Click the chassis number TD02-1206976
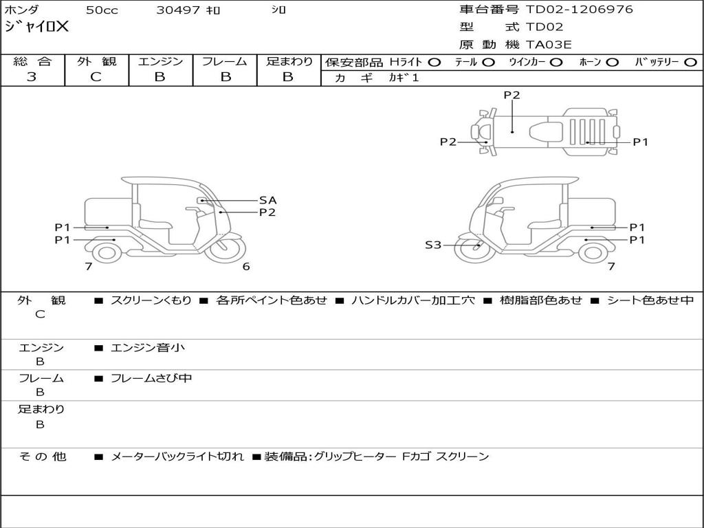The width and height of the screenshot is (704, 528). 580,10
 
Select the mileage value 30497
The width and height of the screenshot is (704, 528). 177,10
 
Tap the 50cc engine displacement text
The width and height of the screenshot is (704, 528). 102,10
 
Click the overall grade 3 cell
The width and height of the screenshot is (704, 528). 32,77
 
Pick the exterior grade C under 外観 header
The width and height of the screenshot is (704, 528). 96,77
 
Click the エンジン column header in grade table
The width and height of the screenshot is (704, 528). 160,61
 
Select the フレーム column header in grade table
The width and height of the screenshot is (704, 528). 225,61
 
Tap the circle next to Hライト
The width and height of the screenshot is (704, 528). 434,62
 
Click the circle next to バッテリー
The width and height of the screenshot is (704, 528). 691,62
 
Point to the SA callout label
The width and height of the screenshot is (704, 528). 267,200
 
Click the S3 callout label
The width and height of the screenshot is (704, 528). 433,244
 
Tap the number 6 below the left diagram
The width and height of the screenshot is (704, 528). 246,267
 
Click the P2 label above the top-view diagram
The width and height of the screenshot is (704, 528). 511,96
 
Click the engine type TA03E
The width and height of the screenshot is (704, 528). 549,45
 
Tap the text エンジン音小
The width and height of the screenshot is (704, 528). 148,348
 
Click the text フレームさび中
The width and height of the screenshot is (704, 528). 151,378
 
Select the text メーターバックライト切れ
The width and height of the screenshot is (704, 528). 177,456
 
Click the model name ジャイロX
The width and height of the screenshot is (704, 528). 37,27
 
